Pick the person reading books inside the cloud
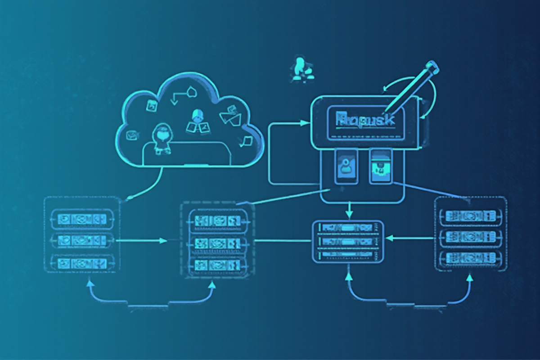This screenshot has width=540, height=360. [196, 121]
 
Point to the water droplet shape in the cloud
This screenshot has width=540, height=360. [193, 91]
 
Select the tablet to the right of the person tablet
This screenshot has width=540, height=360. [381, 167]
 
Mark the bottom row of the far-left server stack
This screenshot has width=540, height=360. [81, 262]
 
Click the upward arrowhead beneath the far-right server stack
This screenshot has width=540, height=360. [469, 278]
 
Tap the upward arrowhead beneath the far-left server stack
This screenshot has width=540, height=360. [90, 283]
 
